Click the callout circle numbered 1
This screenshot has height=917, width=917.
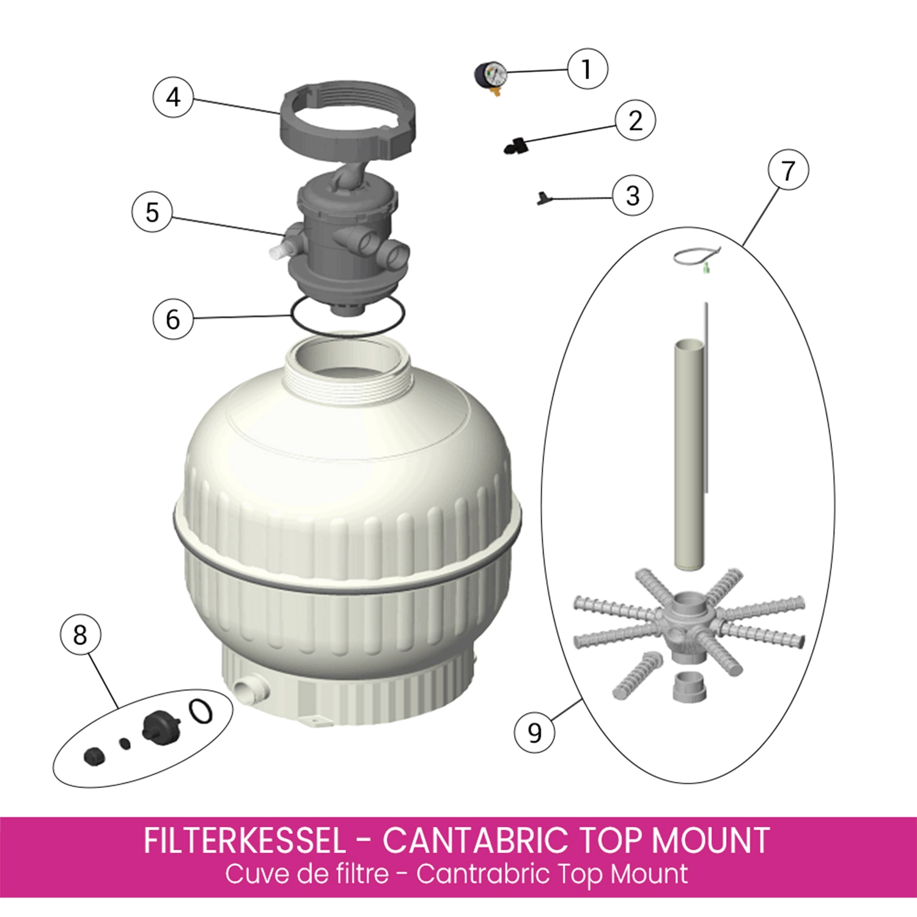[x=587, y=69]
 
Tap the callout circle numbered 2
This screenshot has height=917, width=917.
[x=635, y=120]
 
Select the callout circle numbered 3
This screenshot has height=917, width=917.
[x=633, y=196]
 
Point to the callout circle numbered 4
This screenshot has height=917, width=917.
[x=173, y=97]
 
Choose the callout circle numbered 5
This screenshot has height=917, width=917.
[x=152, y=212]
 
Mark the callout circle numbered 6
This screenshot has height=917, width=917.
[x=173, y=319]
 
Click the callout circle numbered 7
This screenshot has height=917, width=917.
[x=788, y=170]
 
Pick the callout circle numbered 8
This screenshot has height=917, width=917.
[x=80, y=635]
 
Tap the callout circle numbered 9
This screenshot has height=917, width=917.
[x=534, y=732]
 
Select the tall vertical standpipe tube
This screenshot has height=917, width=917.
[x=689, y=455]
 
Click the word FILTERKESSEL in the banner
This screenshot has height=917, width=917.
[x=245, y=841]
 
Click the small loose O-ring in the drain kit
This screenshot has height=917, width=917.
[x=201, y=711]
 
